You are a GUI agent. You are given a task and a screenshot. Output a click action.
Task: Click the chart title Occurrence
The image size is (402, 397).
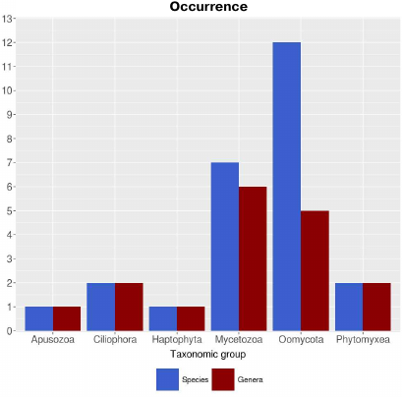[208, 7]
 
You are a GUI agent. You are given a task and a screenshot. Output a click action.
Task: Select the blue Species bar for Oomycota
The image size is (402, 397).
[287, 187]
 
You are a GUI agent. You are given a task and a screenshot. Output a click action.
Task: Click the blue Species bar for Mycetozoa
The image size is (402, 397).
[225, 247]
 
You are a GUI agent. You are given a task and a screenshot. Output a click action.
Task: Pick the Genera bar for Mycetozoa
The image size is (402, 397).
[253, 258]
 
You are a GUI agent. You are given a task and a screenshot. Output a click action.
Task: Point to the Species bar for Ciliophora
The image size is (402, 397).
[101, 307]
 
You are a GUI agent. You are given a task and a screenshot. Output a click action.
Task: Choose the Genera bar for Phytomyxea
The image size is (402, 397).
[376, 307]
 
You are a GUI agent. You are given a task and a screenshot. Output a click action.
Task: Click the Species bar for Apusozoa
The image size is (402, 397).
[39, 318]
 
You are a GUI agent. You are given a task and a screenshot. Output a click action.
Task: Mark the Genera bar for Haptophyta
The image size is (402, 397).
[191, 318]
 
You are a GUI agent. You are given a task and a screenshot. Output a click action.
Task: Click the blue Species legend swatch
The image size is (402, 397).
[168, 379]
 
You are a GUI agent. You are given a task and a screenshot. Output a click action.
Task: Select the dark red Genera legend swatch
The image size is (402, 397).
[223, 379]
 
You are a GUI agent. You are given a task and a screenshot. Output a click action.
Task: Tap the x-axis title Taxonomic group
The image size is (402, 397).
[207, 354]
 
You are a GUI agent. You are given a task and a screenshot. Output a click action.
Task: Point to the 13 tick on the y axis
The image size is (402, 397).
[8, 19]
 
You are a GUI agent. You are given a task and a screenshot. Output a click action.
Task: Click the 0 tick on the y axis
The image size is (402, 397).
[10, 331]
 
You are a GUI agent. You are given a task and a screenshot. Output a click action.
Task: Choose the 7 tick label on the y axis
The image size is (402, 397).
[10, 163]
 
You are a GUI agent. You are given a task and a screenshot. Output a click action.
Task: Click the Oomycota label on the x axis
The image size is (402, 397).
[301, 340]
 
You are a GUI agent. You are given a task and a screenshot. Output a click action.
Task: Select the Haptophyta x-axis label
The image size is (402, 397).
[177, 340]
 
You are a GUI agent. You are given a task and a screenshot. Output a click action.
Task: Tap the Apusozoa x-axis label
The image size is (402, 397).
[53, 340]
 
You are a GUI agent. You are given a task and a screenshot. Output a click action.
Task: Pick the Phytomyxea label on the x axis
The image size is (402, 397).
[363, 340]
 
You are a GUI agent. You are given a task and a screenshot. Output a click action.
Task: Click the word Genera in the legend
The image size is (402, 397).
[250, 379]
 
